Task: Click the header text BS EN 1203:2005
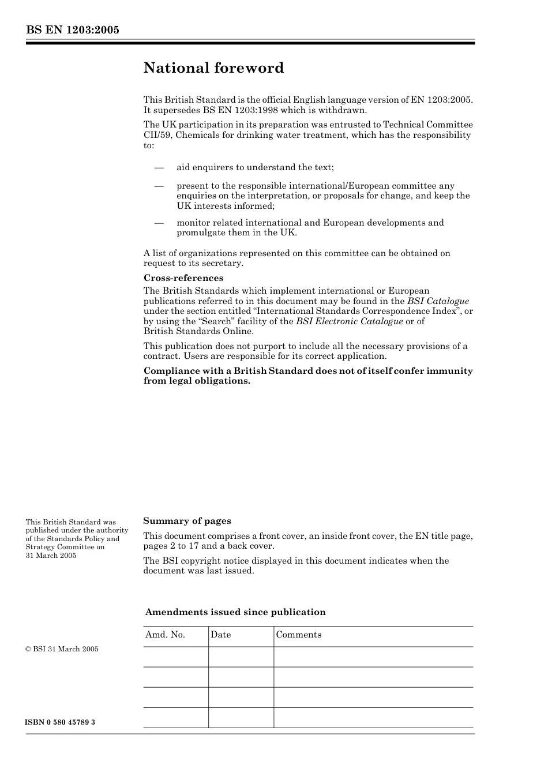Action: (72, 30)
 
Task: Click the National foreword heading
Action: (213, 68)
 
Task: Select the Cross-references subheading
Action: (183, 278)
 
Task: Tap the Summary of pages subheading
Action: (187, 521)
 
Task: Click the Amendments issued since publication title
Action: (235, 612)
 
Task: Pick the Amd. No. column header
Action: (165, 635)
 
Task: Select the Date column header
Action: (220, 635)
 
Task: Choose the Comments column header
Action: (298, 635)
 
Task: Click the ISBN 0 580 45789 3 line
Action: (60, 722)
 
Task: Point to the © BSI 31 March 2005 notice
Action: (62, 649)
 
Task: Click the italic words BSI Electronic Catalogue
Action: (349, 321)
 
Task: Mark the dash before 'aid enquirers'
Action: (159, 167)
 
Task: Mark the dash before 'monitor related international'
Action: (159, 223)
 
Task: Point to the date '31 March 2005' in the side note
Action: (51, 556)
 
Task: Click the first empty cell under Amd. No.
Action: (175, 657)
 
